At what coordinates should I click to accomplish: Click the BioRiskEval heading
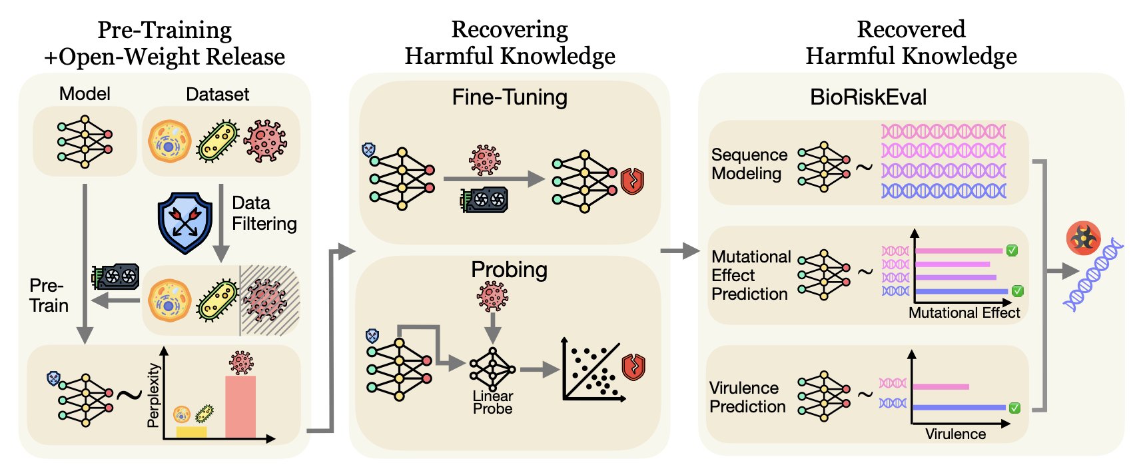868,97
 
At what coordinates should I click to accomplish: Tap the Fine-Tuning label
510,97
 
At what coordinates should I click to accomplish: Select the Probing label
509,269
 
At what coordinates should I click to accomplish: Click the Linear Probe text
492,402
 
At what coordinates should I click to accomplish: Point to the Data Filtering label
264,213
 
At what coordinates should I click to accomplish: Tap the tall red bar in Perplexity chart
240,406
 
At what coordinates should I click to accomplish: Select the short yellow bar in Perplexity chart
191,432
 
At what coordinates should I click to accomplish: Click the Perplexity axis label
154,395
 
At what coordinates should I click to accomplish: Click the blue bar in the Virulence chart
959,407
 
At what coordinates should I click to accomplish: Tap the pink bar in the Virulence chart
941,386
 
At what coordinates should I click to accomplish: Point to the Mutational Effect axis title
964,312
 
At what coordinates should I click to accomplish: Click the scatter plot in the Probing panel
593,370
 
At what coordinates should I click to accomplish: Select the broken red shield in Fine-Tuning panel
632,181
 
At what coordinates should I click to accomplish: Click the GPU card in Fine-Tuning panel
484,199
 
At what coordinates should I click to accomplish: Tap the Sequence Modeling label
749,164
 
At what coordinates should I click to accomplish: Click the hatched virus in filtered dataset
266,300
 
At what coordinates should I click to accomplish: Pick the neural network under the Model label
85,142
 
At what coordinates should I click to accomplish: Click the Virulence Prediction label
747,397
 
